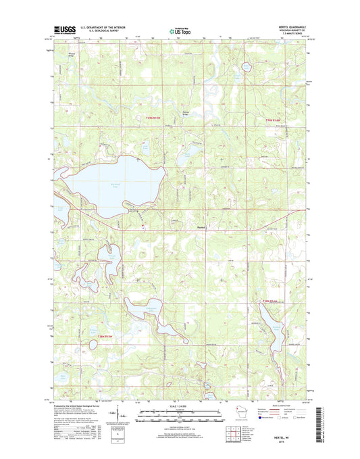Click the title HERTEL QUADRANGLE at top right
[286, 28]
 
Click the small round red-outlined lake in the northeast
[242, 66]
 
